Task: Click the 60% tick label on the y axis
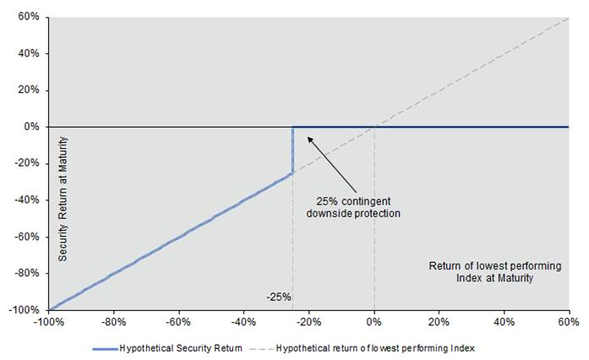pos(30,17)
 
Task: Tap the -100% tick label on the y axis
pos(25,310)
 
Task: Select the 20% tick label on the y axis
pos(30,90)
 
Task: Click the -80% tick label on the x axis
pos(113,322)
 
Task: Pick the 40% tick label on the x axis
pos(504,322)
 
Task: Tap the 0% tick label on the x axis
pos(374,322)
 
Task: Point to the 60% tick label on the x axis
pos(569,322)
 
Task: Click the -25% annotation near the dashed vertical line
pos(278,297)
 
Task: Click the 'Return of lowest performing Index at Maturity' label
pos(481,272)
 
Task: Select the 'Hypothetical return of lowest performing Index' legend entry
pos(376,348)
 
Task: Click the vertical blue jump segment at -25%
pos(292,150)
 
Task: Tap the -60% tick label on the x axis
pos(178,322)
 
